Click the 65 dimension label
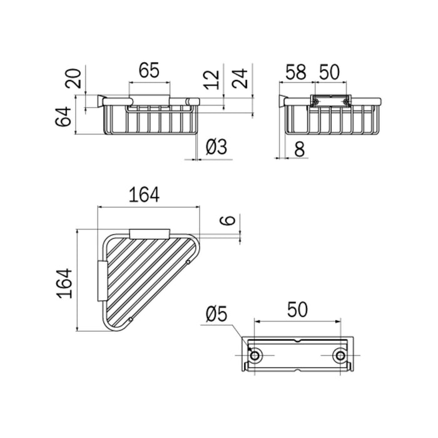[149, 70]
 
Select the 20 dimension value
[73, 78]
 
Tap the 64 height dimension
[63, 116]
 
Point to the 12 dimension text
[211, 80]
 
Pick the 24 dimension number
[240, 78]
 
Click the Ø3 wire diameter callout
[216, 147]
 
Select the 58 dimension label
[295, 72]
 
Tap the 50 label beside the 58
[329, 72]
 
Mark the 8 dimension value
[299, 149]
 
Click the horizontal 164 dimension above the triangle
[144, 195]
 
